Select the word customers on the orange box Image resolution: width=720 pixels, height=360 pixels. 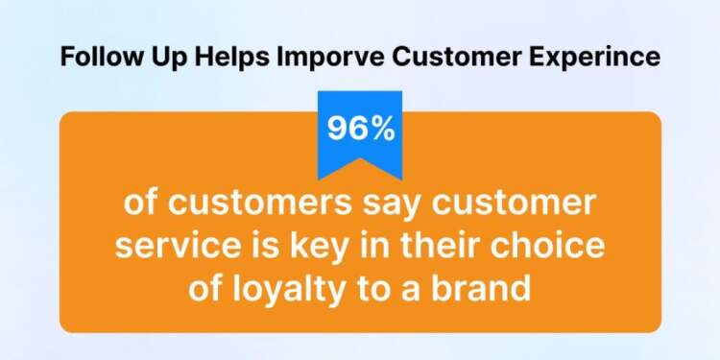click(249, 206)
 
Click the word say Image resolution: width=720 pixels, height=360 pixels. click(369, 206)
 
